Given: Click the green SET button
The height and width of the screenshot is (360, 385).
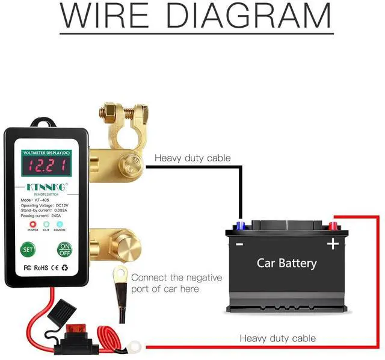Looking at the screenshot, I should (28, 249).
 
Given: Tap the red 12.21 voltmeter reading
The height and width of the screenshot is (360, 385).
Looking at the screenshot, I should (47, 166).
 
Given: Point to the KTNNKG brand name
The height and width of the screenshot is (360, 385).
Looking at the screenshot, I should (47, 187).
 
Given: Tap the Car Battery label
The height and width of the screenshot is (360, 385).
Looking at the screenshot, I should (286, 263).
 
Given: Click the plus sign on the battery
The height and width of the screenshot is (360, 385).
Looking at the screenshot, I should (331, 244).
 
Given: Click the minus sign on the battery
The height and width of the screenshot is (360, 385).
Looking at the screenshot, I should (239, 244).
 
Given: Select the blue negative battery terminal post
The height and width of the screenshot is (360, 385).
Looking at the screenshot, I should (241, 226).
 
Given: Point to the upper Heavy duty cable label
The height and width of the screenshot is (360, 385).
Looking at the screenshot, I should (192, 158).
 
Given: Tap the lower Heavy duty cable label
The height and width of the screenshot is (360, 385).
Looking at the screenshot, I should (277, 338).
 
